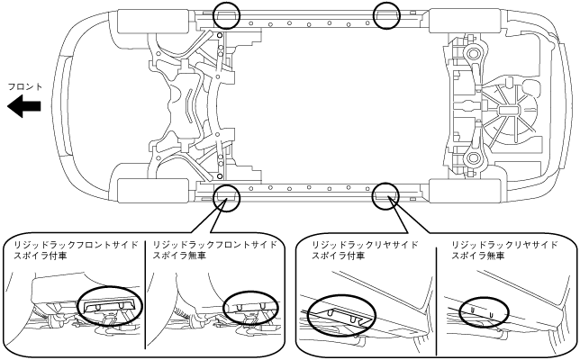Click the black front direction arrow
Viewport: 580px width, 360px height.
click(24, 107)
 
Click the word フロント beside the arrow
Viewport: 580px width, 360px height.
click(24, 86)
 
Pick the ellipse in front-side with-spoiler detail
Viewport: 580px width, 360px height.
click(108, 308)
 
